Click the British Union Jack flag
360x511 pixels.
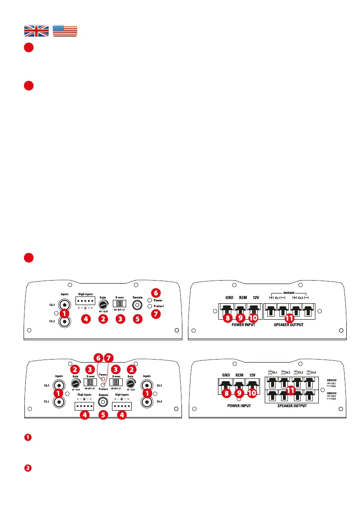pyautogui.click(x=36, y=31)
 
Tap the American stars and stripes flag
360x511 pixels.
pyautogui.click(x=65, y=31)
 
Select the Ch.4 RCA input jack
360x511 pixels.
pyautogui.click(x=147, y=402)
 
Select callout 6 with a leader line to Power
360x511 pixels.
pyautogui.click(x=98, y=357)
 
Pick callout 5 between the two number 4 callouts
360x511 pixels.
pyautogui.click(x=103, y=415)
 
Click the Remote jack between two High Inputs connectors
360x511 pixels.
pyautogui.click(x=103, y=402)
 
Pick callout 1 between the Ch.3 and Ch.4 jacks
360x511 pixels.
pyautogui.click(x=147, y=393)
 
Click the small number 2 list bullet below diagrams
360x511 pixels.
pyautogui.click(x=27, y=467)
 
